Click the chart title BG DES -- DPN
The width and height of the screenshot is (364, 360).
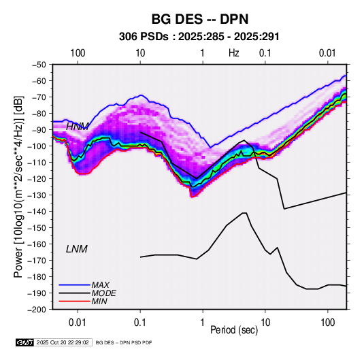tap(200, 19)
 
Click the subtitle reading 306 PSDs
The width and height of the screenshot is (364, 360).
tap(144, 37)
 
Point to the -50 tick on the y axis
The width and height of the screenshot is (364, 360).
tap(39, 65)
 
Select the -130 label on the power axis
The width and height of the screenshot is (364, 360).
tap(37, 195)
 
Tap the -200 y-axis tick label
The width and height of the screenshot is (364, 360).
tap(37, 310)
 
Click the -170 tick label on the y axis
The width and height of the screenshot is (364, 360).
tap(37, 261)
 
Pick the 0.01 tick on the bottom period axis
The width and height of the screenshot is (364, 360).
tap(78, 323)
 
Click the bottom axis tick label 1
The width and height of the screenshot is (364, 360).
tap(203, 323)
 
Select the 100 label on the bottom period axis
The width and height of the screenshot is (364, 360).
tap(327, 323)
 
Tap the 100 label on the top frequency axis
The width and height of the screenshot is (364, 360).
tap(78, 53)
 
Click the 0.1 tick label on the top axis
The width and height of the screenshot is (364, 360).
tap(265, 53)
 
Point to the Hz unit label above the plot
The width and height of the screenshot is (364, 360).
tap(234, 53)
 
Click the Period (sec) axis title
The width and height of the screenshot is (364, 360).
tap(234, 330)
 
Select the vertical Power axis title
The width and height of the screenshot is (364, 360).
tap(19, 186)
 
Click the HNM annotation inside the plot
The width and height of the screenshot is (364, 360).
tap(78, 127)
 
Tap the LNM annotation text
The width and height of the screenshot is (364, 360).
tap(77, 249)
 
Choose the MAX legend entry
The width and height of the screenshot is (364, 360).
tap(100, 285)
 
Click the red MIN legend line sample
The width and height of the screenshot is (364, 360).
tap(74, 301)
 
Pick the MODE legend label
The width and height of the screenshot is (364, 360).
tap(104, 293)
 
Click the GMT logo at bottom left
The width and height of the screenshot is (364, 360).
tap(24, 342)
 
